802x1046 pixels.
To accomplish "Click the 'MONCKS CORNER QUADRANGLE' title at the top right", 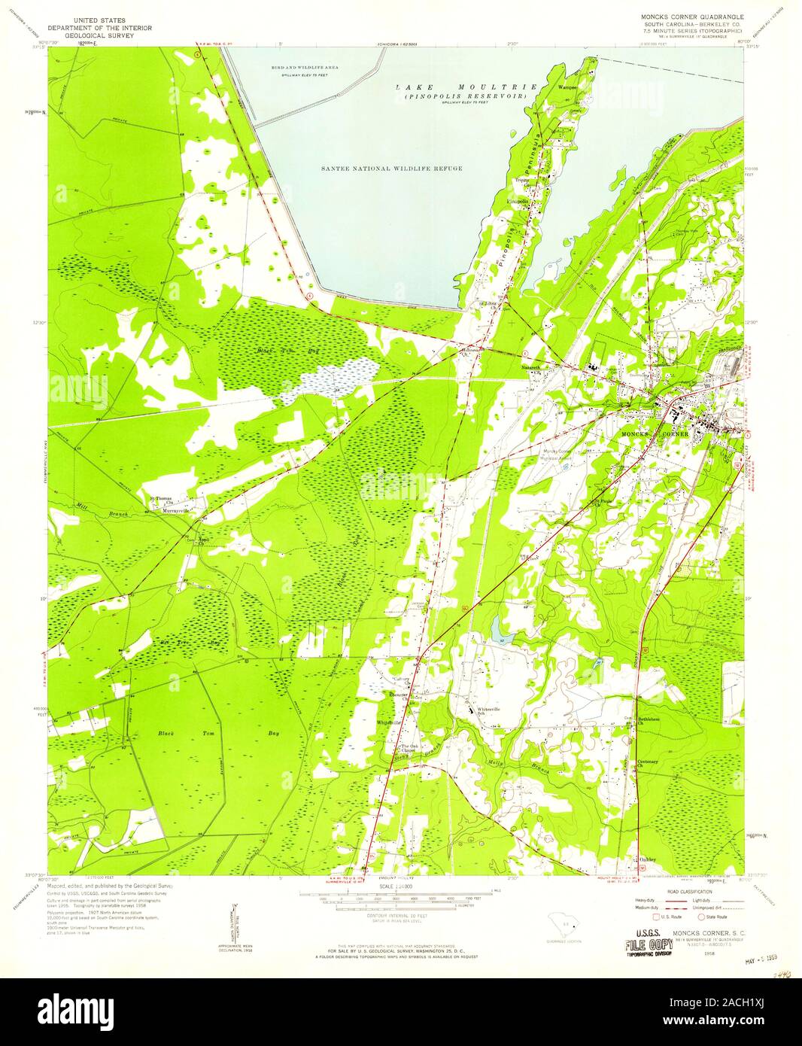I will [x=691, y=14].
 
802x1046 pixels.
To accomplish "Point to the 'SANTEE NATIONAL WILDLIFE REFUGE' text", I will [x=387, y=169].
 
